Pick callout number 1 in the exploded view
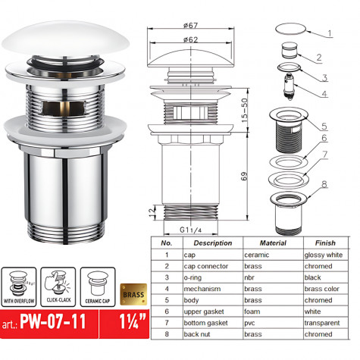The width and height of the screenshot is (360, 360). pos(330,33)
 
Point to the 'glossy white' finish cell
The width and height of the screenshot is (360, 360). pos(323,255)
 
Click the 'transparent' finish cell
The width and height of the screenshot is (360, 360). pos(323,324)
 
